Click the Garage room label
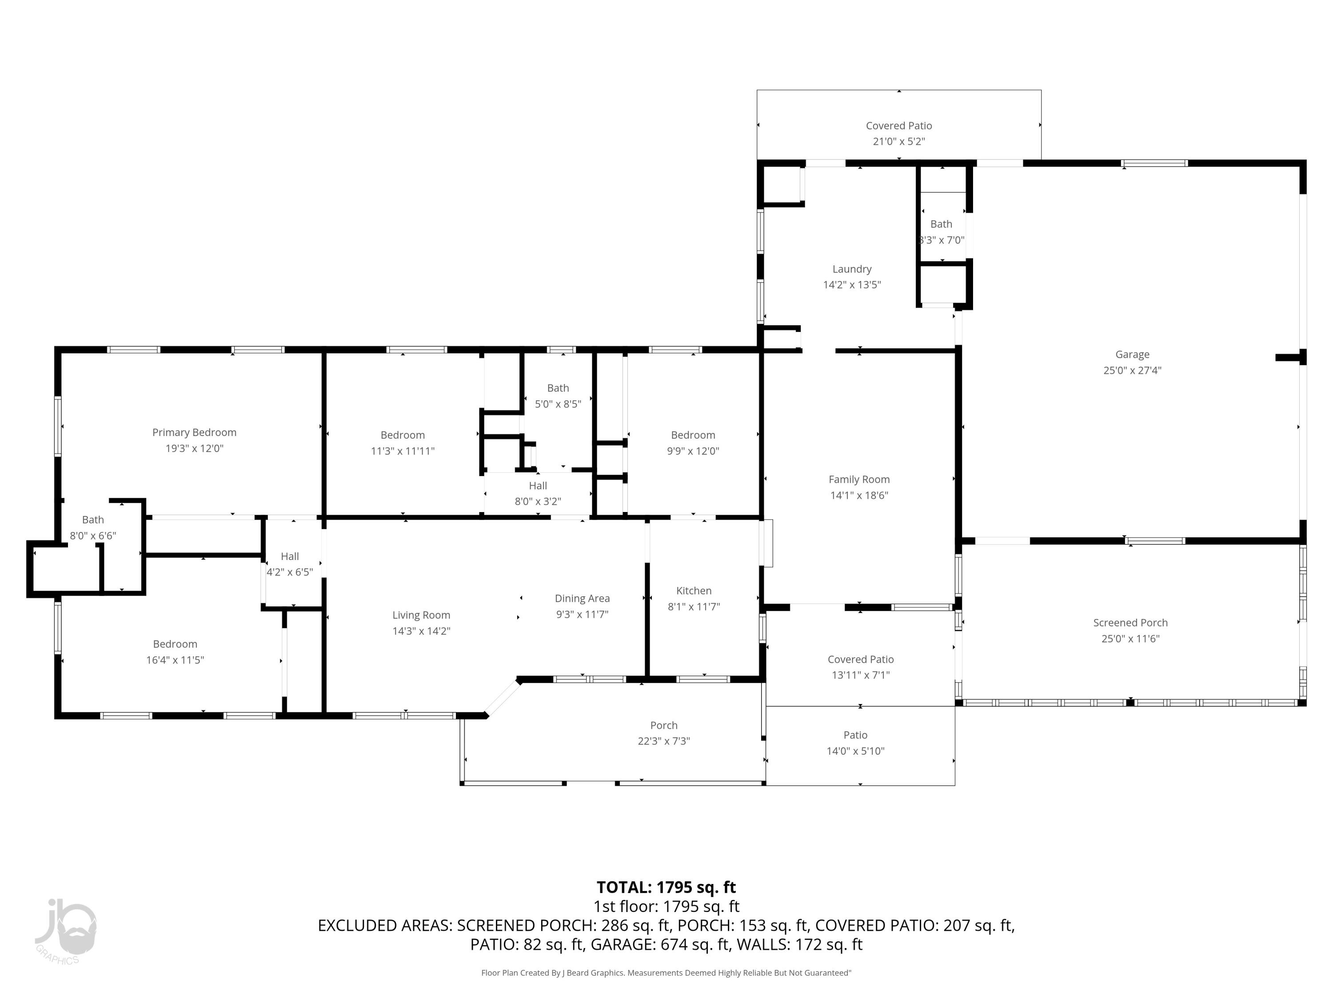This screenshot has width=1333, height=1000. point(1132,354)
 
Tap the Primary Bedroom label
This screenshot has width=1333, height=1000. point(194,432)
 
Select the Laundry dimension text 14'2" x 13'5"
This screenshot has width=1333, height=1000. point(851,284)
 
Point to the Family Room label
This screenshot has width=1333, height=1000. point(859,479)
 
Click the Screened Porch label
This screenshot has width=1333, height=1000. point(1130,623)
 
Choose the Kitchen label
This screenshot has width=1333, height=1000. point(694,591)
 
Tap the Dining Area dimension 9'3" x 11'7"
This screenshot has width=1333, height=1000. point(582,614)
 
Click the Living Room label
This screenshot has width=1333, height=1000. point(421,615)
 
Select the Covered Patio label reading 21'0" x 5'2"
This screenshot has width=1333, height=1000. point(898,125)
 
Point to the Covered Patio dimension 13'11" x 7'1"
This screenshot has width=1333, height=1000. point(860,675)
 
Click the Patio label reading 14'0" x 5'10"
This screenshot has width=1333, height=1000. point(855,735)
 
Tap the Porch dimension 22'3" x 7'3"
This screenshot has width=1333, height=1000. point(663,741)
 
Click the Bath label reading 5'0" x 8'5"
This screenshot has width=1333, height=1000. point(558,388)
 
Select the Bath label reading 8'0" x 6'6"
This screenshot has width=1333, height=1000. point(93,520)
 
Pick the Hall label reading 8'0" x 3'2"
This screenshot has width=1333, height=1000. point(538,486)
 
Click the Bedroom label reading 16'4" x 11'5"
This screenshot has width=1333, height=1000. point(175,644)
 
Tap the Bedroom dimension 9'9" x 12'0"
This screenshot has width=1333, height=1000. point(692,451)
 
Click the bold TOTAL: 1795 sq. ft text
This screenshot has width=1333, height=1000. point(666,887)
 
